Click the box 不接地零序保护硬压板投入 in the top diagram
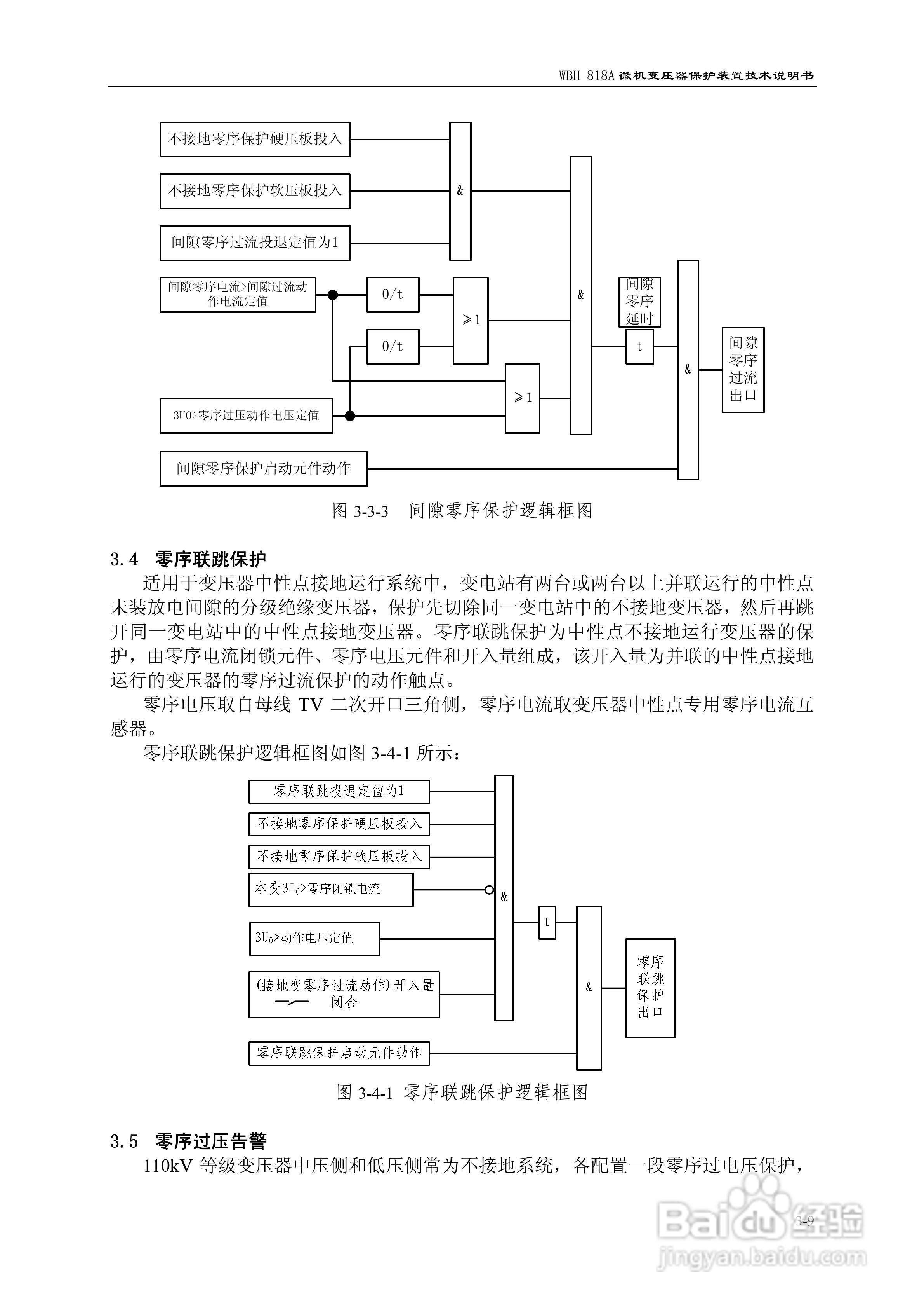pos(255,139)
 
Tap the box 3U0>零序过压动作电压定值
pos(246,415)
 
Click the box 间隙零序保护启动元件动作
pos(263,469)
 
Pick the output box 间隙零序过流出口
pos(743,370)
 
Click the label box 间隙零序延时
pos(639,302)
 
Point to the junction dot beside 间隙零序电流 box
pos(333,295)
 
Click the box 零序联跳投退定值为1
pos(339,791)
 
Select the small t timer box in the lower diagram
pos(547,922)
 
